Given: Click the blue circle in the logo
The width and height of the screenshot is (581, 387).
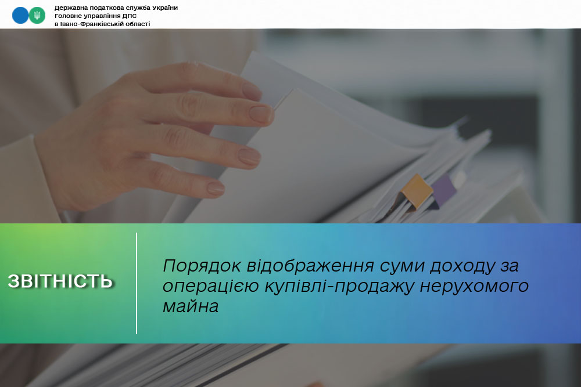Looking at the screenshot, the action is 20,16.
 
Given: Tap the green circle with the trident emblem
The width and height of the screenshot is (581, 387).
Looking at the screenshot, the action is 37,16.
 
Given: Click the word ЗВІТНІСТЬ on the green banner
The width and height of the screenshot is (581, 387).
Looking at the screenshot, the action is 60,281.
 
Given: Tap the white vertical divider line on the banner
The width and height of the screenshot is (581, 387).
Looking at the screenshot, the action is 137,283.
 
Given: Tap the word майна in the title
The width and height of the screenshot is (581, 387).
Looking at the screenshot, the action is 191,306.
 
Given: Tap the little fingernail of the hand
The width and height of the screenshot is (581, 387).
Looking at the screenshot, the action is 216,189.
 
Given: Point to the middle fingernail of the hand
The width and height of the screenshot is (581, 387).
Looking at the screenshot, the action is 261,114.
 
